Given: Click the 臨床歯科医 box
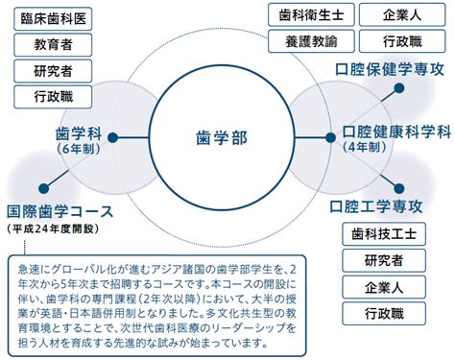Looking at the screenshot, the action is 53,19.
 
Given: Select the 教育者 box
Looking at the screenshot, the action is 53,45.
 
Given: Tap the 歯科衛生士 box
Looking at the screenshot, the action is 311,14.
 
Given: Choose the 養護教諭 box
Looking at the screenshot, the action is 311,41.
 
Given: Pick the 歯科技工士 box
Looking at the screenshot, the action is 384,234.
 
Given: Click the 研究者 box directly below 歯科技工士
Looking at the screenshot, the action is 384,260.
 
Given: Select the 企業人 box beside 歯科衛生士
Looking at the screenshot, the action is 402,14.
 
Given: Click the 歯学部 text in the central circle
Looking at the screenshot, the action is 222,138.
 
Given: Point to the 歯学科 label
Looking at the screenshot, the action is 79,133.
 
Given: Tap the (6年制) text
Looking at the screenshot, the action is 79,149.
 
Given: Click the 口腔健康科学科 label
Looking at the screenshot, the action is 396,132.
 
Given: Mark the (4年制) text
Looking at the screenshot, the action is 365,147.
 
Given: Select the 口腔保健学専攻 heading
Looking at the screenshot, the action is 390,69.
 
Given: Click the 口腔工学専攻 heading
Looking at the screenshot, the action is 376,206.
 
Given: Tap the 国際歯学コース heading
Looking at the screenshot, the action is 60,211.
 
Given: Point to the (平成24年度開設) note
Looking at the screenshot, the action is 53,228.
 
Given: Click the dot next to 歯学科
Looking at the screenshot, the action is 112,138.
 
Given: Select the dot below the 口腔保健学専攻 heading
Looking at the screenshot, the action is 399,88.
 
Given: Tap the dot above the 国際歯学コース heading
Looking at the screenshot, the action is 44,188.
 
